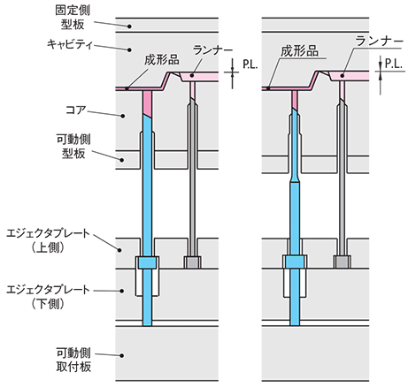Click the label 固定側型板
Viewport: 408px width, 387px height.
pos(73,18)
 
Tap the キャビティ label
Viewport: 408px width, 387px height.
pos(70,44)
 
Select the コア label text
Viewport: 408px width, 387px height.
pos(76,110)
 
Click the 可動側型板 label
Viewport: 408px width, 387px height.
pos(73,147)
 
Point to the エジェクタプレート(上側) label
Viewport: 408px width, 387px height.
pos(48,241)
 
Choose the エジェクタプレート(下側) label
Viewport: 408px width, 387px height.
pos(48,297)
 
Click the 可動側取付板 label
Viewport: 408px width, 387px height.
pos(73,360)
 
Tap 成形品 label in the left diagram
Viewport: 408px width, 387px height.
pos(162,60)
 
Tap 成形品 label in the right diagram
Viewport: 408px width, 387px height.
pos(299,51)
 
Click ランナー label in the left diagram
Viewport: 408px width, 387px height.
pos(212,49)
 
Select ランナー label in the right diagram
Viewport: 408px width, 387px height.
pos(379,41)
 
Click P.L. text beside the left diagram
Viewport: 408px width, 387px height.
pos(250,64)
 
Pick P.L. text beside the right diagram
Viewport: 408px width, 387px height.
pos(394,64)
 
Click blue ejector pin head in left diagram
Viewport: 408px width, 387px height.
pos(147,262)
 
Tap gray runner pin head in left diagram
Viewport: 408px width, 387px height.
pos(193,262)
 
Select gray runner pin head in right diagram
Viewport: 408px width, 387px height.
pos(343,262)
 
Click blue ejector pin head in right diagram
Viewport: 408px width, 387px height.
pos(295,262)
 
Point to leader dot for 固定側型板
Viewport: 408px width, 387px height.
pos(129,27)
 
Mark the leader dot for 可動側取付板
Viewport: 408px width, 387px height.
pos(121,355)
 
